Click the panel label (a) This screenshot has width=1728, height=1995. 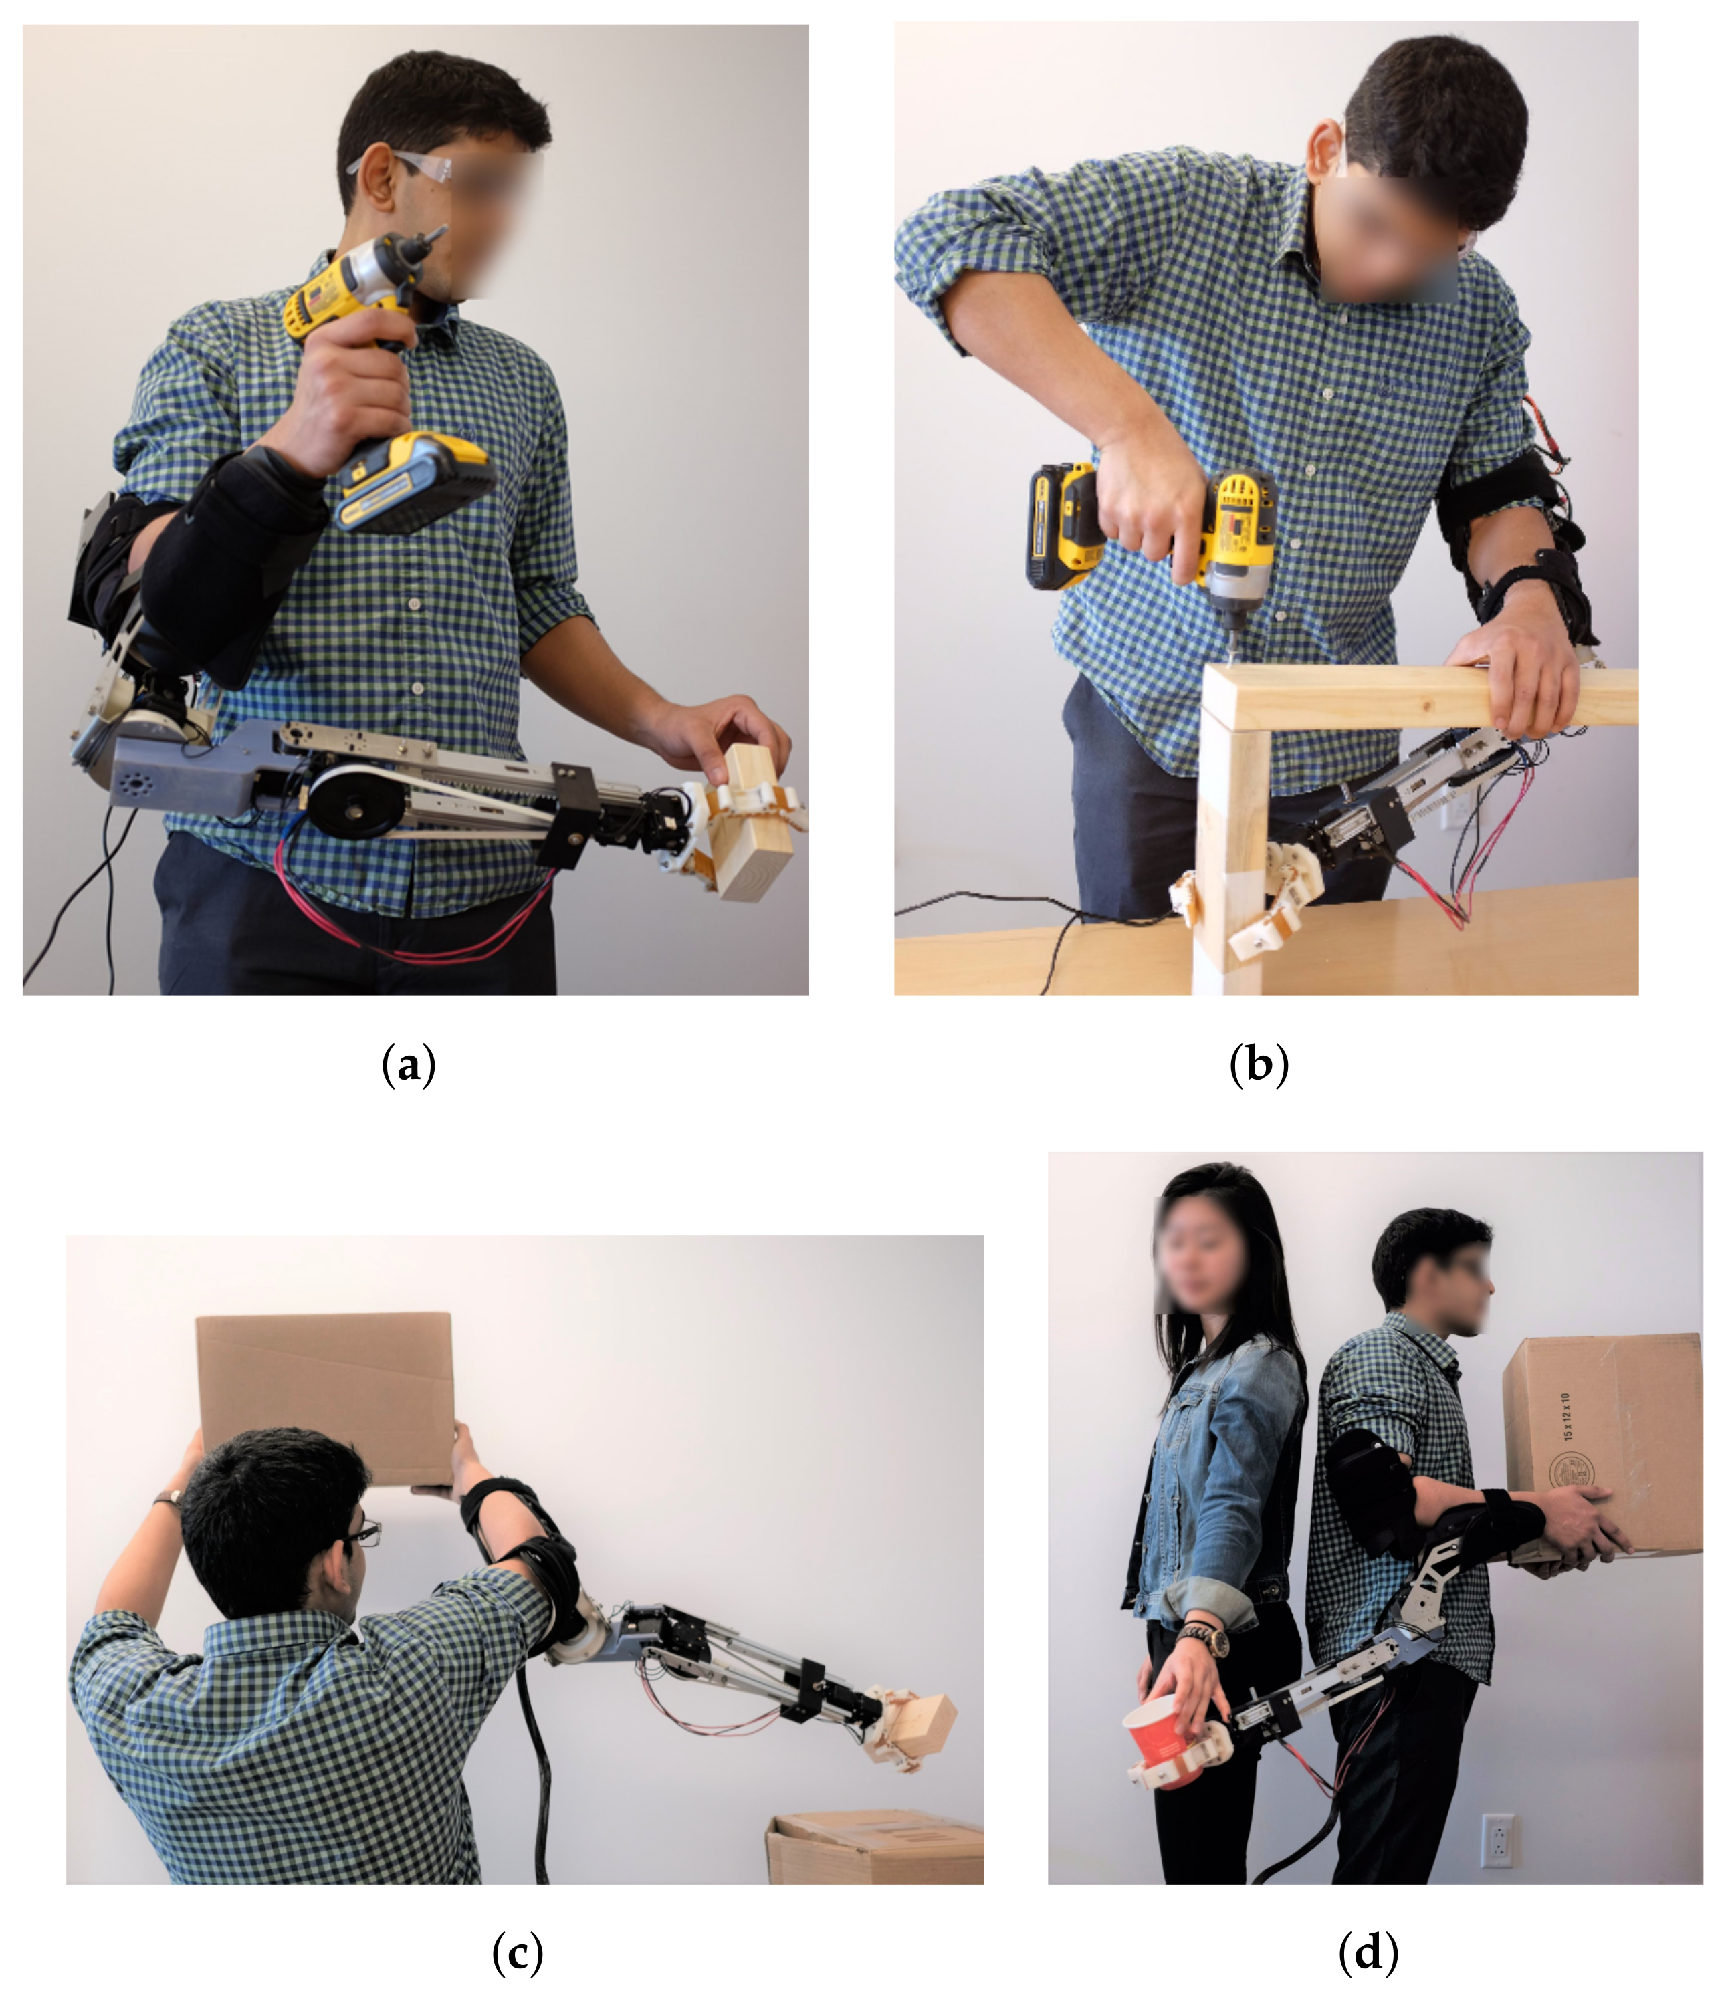(409, 1066)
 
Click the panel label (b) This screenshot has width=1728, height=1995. (1259, 1066)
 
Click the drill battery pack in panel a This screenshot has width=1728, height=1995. (415, 479)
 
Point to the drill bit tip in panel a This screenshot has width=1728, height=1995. (441, 229)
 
